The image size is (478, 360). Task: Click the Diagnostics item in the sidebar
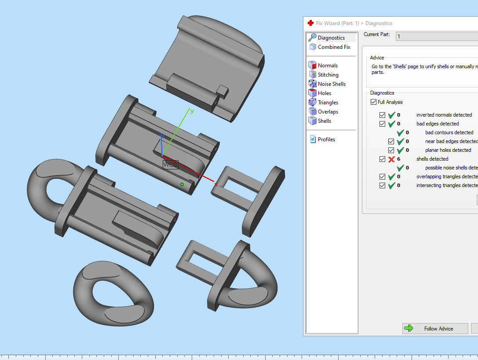(x=331, y=38)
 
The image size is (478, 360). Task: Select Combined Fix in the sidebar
(x=334, y=47)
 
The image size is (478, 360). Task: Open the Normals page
(x=328, y=66)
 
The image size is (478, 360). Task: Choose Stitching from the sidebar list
(x=328, y=75)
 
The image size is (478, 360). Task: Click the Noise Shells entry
(x=332, y=84)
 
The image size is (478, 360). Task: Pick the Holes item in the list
(x=325, y=93)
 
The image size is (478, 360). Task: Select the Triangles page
(x=328, y=103)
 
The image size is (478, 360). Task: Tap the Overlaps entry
(x=328, y=112)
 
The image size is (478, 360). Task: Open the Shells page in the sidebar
(x=325, y=121)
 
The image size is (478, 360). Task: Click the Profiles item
(x=326, y=140)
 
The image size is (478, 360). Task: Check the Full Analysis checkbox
(x=374, y=102)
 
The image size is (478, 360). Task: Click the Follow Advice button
(x=434, y=328)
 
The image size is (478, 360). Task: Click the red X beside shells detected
(x=391, y=159)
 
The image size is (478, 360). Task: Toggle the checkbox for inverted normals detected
(x=383, y=115)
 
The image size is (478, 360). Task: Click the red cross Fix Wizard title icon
(x=310, y=23)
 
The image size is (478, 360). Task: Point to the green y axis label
(x=192, y=111)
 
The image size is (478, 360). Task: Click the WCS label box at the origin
(x=170, y=165)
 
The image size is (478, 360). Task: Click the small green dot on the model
(x=182, y=184)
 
